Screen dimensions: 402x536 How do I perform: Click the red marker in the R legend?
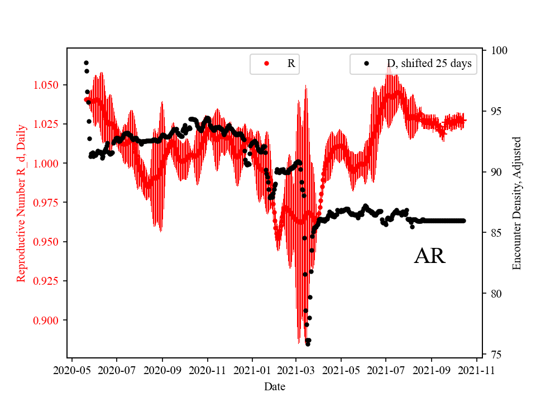tap(266, 64)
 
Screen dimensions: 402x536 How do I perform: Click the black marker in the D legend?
tap(366, 64)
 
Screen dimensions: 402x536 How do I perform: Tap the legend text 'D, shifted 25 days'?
tap(429, 64)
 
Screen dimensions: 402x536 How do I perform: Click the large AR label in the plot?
tap(429, 256)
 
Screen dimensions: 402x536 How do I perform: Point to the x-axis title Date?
tap(275, 386)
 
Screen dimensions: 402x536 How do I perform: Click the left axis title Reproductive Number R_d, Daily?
tap(21, 202)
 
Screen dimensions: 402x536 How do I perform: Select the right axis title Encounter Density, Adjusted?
tap(516, 203)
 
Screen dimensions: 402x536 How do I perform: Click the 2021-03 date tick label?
tap(296, 369)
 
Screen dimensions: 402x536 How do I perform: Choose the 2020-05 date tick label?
tap(71, 369)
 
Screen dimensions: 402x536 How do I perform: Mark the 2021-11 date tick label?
tap(477, 369)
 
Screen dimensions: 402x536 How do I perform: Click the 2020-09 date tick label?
tap(162, 369)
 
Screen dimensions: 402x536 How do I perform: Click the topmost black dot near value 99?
tap(86, 63)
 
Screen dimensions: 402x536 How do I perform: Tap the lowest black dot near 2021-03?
tap(308, 344)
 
